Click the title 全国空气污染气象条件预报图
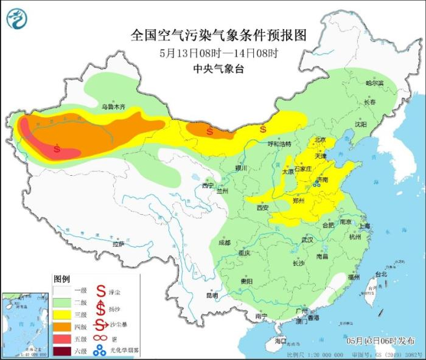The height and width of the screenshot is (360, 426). [x=217, y=35]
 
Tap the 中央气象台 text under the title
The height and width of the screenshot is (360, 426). [x=217, y=69]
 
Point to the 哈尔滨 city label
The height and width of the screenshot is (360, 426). [x=375, y=83]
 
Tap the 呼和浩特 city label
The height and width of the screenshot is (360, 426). [x=280, y=144]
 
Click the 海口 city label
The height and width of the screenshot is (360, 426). [x=279, y=341]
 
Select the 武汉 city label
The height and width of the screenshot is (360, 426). [x=307, y=240]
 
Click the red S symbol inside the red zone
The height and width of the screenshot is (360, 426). [x=57, y=148]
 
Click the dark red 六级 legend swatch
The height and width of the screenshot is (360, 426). [x=63, y=350]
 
